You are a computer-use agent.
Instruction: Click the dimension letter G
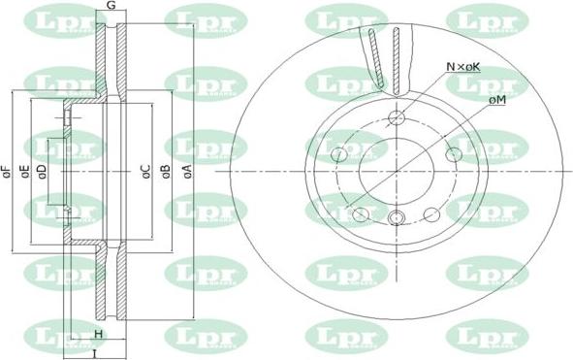click(111, 7)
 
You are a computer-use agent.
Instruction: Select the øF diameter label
click(7, 173)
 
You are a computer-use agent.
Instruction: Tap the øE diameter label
click(24, 173)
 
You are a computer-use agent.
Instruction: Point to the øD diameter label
click(42, 173)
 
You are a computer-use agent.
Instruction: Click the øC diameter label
click(144, 173)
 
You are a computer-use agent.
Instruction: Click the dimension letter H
click(98, 335)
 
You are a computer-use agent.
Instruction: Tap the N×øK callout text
click(462, 66)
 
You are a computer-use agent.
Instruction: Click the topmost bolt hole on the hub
click(395, 118)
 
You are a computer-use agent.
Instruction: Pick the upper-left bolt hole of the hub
click(339, 155)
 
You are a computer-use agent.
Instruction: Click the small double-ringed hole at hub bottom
click(395, 218)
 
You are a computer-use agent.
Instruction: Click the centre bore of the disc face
click(395, 173)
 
